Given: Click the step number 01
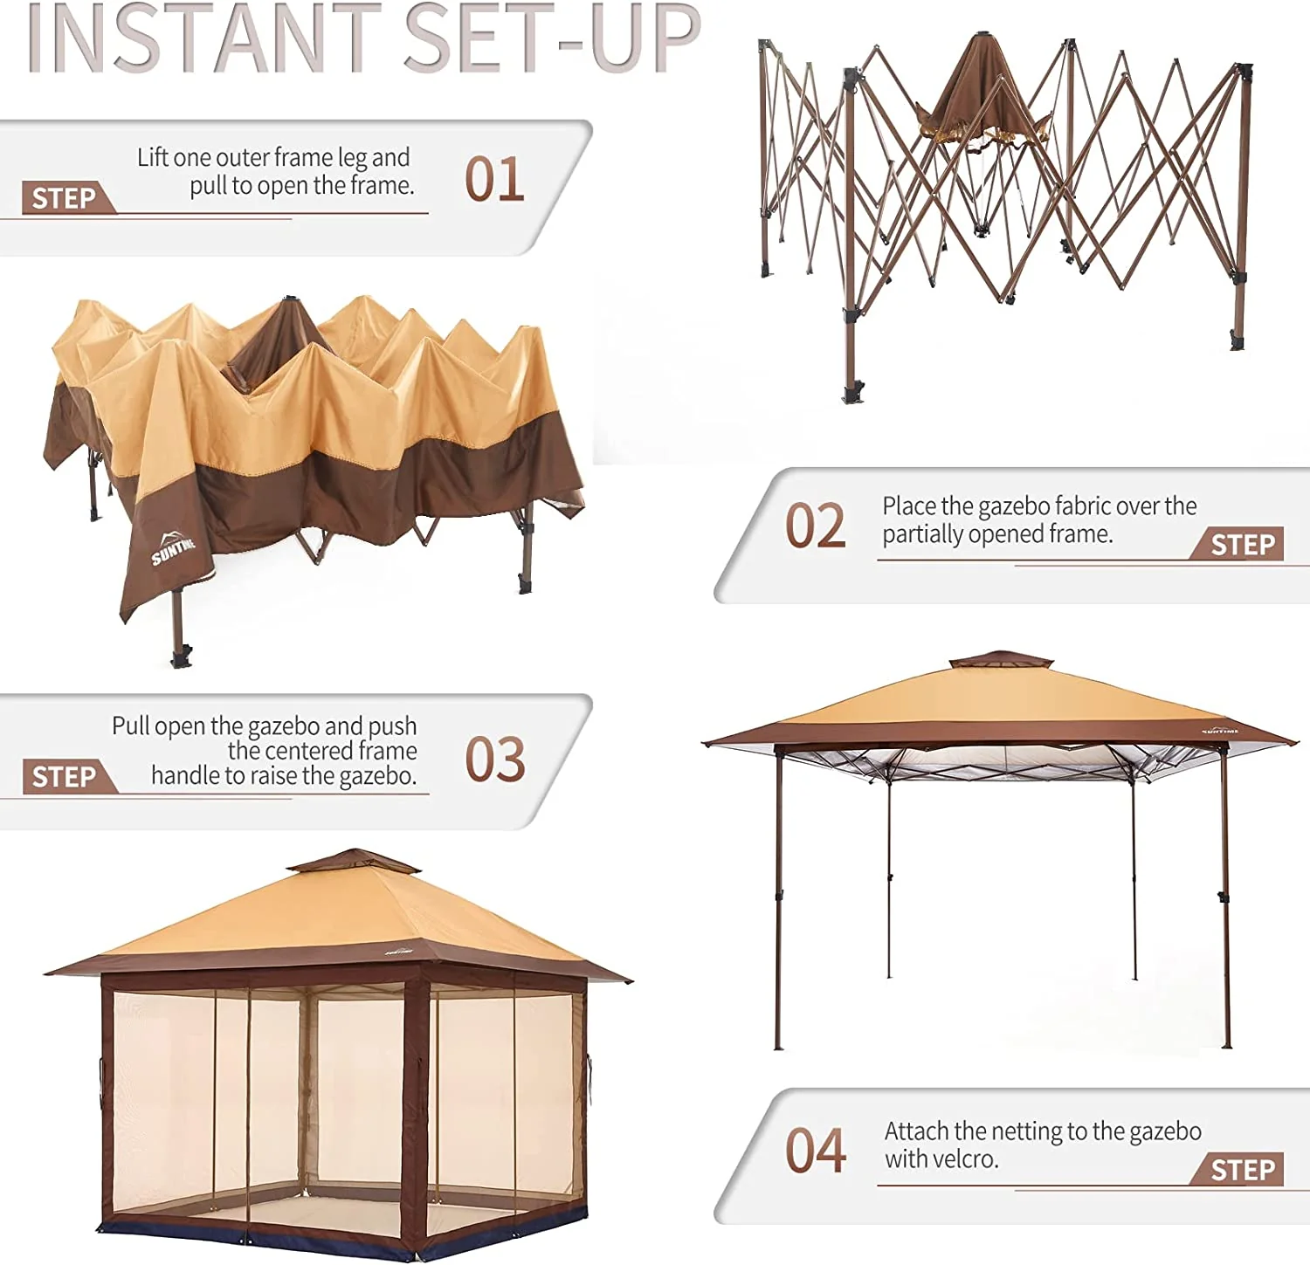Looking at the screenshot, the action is pos(494,180).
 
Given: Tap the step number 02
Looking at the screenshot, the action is pos(816,526).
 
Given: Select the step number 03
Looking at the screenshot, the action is pos(495,760).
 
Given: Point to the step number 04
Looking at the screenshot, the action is pos(816,1150).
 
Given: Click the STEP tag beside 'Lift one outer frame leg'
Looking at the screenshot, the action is pos(65,199).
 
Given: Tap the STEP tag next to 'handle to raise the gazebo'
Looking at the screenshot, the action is pos(65,777).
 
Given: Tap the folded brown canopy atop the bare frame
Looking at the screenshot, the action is pos(982,92).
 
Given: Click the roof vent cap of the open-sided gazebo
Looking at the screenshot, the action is pos(1000,659).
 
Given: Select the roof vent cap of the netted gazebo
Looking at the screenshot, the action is pos(355,862).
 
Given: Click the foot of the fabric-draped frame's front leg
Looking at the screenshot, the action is pos(181,656).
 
